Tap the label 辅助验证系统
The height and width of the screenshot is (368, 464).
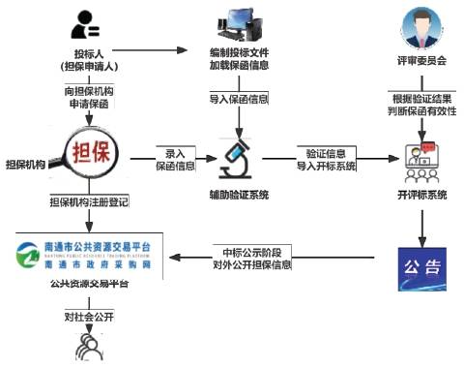pos(238,195)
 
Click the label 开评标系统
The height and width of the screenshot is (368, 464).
pos(422,195)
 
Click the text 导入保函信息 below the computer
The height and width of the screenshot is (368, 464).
pos(238,99)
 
